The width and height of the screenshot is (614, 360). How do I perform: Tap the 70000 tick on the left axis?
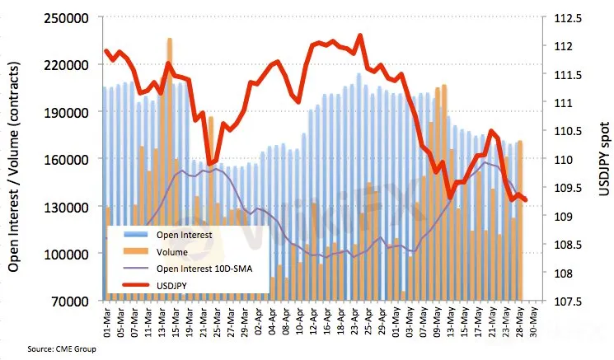pyautogui.click(x=73, y=302)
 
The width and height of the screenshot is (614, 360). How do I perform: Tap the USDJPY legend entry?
pyautogui.click(x=175, y=284)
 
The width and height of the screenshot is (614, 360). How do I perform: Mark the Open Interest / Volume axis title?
pyautogui.click(x=15, y=159)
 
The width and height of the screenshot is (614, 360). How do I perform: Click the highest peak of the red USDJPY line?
pyautogui.click(x=359, y=36)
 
